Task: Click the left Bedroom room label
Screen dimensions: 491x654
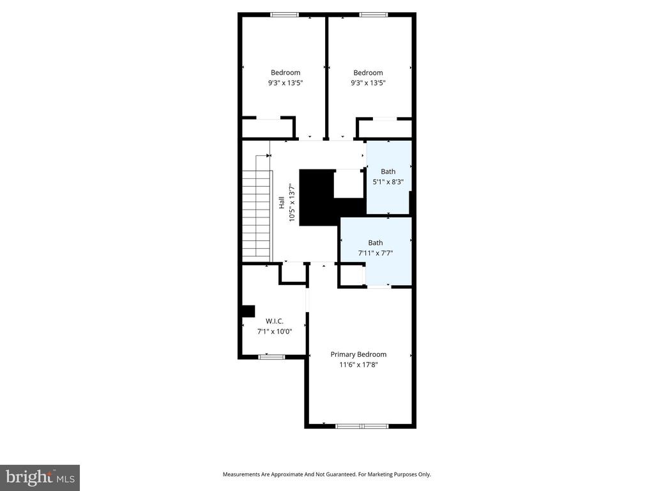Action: click(x=285, y=73)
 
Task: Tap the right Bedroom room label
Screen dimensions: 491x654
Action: click(x=368, y=73)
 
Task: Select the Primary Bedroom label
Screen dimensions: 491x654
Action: click(x=358, y=354)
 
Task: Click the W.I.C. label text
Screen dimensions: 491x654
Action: click(x=274, y=321)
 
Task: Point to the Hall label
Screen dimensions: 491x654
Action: click(x=281, y=203)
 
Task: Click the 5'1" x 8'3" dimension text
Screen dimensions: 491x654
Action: click(x=388, y=182)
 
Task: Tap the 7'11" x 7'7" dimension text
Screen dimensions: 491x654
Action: click(x=375, y=253)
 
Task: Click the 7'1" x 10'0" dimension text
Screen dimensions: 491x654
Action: click(x=274, y=331)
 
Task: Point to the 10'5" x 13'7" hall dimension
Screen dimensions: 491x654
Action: click(x=293, y=203)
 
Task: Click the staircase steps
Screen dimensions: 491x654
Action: click(x=257, y=214)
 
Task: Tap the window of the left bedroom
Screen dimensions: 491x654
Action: click(x=284, y=15)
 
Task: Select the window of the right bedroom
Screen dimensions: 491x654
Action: click(x=374, y=15)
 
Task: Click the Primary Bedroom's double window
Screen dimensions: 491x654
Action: click(x=361, y=425)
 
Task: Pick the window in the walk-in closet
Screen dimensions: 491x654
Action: click(x=271, y=357)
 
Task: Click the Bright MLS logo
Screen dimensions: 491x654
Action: click(x=40, y=477)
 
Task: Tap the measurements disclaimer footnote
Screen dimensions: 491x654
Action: click(x=326, y=474)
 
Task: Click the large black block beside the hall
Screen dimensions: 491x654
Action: click(x=316, y=197)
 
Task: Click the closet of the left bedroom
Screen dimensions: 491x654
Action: click(x=268, y=129)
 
